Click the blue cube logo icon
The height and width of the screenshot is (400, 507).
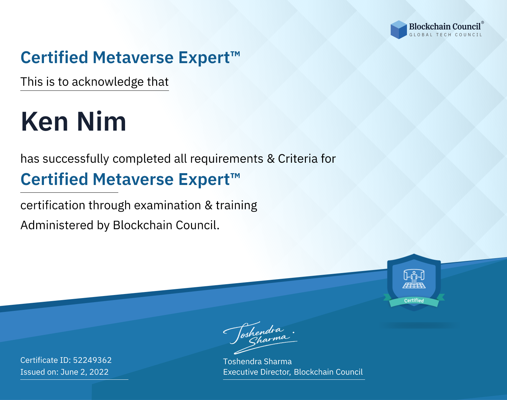point(399,30)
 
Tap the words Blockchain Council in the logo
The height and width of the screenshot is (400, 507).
point(445,26)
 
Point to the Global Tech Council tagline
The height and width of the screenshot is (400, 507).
point(445,35)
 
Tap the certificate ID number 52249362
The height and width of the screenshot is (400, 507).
point(92,360)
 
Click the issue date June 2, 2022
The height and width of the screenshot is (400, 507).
point(84,372)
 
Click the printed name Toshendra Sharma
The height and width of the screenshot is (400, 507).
point(257,362)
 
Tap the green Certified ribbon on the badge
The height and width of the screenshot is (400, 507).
point(414,301)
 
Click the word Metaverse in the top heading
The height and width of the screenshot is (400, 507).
point(133,57)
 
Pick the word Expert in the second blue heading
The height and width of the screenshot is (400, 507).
point(204,180)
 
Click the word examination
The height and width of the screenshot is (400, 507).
point(168,205)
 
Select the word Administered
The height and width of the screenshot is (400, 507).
point(57,225)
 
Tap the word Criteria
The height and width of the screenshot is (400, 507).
point(297,159)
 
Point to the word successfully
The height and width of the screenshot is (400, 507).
point(76,159)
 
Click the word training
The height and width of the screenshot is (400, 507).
point(236,206)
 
